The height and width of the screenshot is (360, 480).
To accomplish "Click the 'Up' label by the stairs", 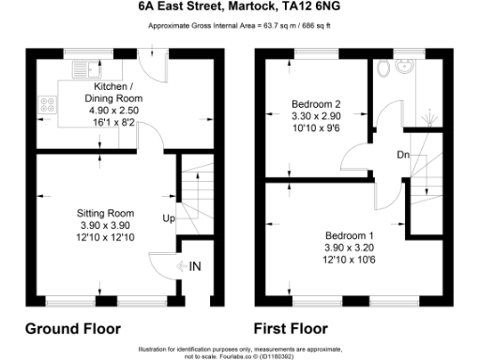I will point(170,219).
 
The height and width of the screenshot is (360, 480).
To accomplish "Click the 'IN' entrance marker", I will point(194,267).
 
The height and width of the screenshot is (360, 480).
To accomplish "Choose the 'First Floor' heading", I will point(291,329).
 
